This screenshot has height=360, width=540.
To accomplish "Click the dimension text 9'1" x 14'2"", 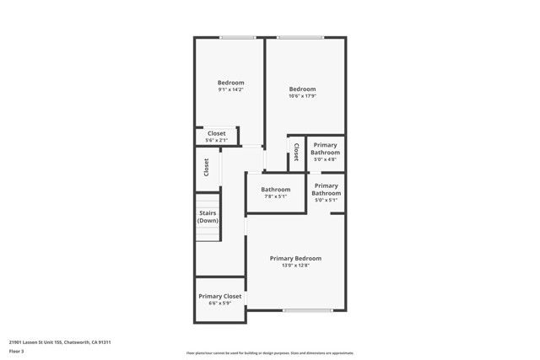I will point(230,89).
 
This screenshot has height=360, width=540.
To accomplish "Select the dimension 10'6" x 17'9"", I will point(302,96).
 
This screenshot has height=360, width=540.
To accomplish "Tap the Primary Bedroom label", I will point(295,258).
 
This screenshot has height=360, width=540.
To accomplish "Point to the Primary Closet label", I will point(220,296).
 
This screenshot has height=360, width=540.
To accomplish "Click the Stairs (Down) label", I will point(208,217).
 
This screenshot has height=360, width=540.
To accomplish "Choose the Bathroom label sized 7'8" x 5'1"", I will point(275,190).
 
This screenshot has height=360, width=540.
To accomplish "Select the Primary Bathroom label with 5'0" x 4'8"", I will point(326,148).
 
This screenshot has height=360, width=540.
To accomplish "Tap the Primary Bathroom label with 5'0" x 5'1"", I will point(326,189).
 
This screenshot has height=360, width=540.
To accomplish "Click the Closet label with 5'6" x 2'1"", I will point(217,133).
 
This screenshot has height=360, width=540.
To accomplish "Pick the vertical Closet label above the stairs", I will point(207,167).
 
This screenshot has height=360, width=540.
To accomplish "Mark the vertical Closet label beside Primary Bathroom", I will point(296,151).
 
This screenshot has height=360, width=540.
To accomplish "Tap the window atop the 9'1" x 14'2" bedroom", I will point(238,37).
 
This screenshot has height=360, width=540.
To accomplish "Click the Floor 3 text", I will point(17,351).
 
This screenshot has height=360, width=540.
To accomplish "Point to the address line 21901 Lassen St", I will point(60,342).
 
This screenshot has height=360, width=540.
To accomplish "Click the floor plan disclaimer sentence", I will point(269,353).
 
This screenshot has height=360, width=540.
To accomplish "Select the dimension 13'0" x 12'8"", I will point(295,266).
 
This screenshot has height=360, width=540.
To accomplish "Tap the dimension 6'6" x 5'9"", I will point(220,304).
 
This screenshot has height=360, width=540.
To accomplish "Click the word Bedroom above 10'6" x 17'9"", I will point(302,89).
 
